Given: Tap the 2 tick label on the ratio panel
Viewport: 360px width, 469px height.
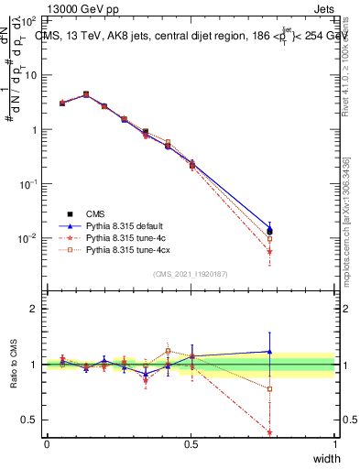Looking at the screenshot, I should (35, 309).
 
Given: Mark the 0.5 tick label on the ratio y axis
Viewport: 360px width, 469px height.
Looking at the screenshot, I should (30, 420).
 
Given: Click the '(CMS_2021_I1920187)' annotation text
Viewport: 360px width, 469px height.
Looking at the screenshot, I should (191, 274).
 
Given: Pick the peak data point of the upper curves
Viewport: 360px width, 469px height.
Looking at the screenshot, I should (86, 93).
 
